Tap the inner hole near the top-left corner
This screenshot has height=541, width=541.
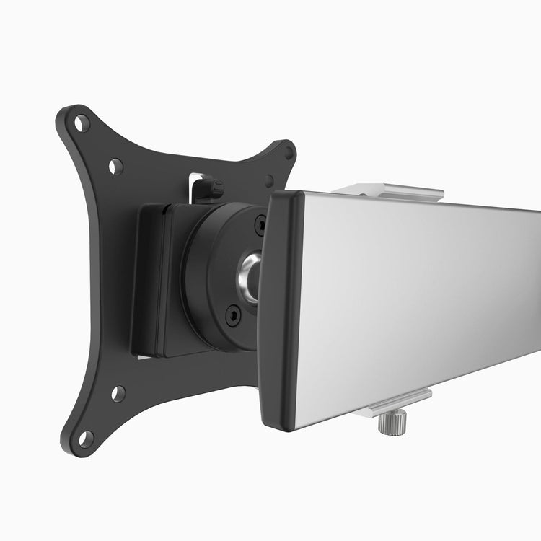pos(115,167)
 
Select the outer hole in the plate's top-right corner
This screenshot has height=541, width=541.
pos(289,152)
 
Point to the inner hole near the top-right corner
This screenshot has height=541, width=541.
pos(269,180)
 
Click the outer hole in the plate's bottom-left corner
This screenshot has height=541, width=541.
pos(85,437)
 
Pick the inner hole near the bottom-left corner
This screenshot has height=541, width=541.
pos(118,394)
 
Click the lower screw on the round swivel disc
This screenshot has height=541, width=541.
pos(234,315)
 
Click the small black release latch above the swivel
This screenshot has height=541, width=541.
pos(211,189)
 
